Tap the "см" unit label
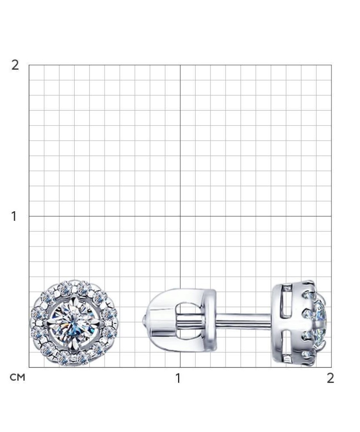pyautogui.click(x=18, y=377)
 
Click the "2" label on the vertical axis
pyautogui.click(x=15, y=65)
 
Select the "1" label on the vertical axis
pyautogui.click(x=14, y=216)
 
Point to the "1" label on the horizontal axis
pyautogui.click(x=178, y=378)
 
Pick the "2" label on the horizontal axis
pyautogui.click(x=330, y=378)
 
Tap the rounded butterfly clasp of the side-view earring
pyautogui.click(x=180, y=321)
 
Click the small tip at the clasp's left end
pyautogui.click(x=143, y=321)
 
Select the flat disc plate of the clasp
pyautogui.click(x=211, y=321)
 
